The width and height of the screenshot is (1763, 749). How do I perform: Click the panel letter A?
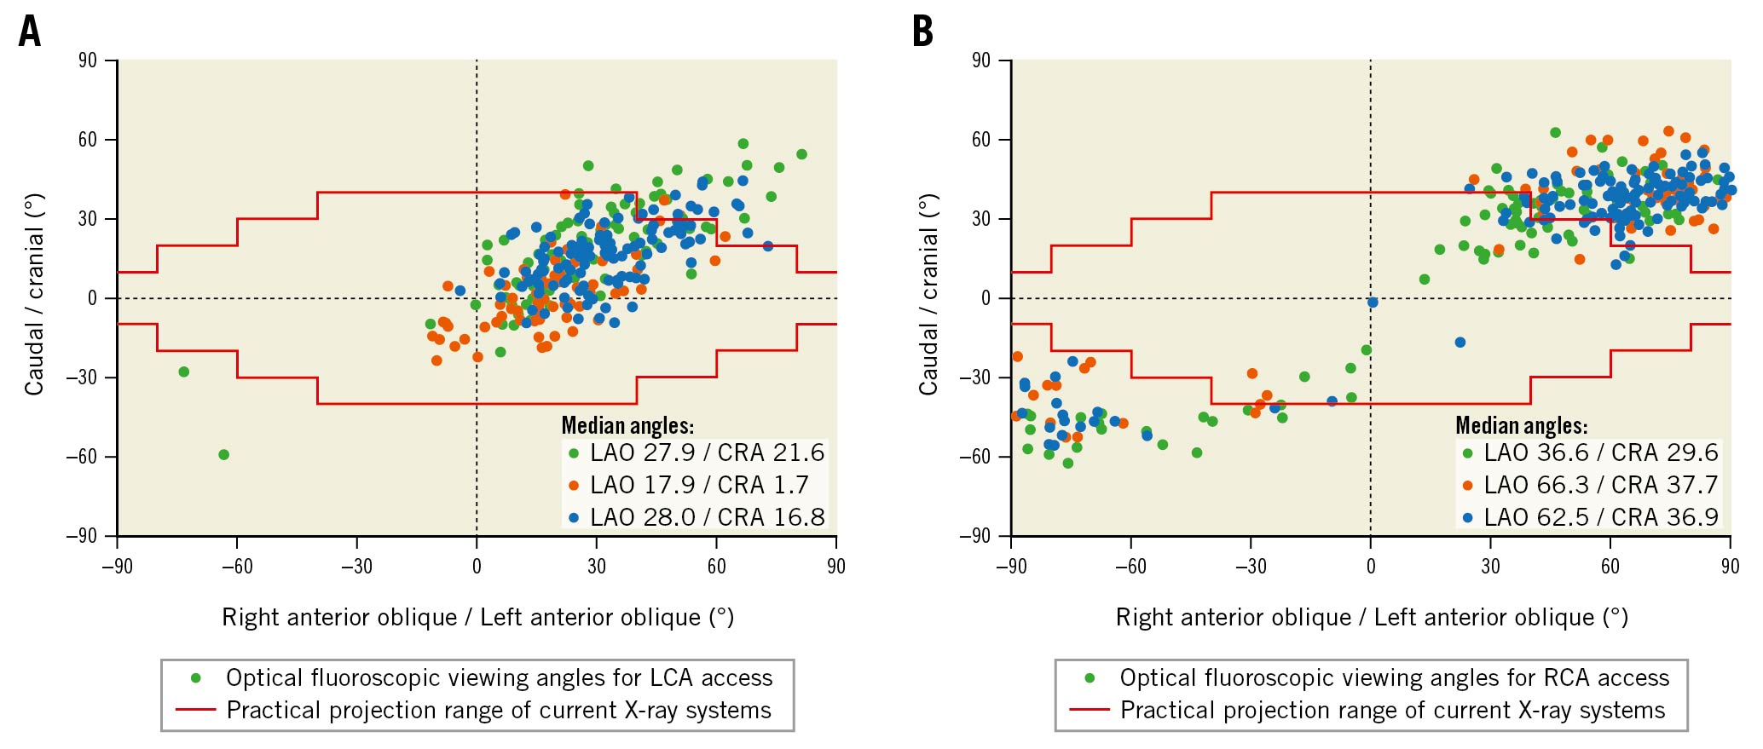tap(30, 32)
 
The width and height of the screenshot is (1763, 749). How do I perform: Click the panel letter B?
tap(922, 32)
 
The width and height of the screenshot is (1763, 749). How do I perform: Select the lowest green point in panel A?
tap(223, 455)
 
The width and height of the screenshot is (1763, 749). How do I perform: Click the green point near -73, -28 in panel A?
tap(183, 372)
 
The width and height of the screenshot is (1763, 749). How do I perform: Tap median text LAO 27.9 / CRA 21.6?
tap(707, 452)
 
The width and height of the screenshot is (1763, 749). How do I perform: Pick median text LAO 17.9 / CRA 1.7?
tap(699, 485)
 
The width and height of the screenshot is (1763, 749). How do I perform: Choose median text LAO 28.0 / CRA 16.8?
tap(707, 517)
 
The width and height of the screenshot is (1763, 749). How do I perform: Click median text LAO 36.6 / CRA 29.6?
tap(1600, 452)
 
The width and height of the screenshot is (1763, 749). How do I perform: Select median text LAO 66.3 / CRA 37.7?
tap(1600, 485)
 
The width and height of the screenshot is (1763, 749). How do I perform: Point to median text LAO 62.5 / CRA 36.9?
tap(1600, 517)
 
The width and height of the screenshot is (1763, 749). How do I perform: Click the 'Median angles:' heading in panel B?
tap(1521, 425)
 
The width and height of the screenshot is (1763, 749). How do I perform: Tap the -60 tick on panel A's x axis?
tap(237, 567)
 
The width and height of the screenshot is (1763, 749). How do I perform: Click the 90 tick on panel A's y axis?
tap(88, 60)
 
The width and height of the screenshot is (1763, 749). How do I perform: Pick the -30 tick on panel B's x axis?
tap(1251, 567)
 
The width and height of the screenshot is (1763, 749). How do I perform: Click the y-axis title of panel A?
tap(34, 294)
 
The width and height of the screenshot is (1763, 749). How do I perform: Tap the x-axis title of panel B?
tap(1372, 617)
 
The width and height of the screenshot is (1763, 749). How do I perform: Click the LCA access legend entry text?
tap(499, 678)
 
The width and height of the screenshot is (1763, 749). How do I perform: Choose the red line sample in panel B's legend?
tap(1089, 710)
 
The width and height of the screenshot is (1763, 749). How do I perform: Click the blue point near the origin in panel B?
tap(1373, 302)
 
